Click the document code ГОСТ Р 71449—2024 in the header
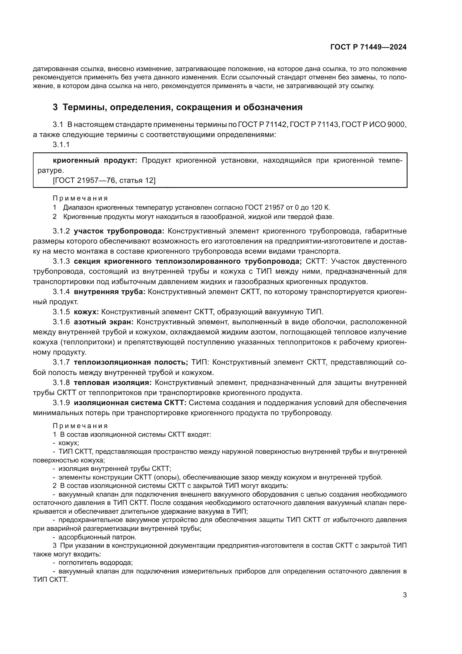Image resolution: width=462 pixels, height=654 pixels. click(368, 47)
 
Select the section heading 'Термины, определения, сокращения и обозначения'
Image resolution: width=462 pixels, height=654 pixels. click(182, 107)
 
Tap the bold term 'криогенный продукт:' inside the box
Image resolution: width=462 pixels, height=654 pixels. click(95, 161)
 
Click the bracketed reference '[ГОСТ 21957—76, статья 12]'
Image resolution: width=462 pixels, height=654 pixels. click(104, 181)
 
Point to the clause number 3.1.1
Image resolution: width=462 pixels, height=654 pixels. click(61, 145)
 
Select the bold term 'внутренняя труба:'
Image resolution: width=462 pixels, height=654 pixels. click(109, 292)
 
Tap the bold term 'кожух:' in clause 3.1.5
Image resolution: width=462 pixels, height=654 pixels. click(86, 312)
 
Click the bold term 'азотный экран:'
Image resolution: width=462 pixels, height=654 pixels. click(104, 322)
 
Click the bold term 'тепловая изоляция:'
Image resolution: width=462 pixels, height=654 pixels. click(113, 383)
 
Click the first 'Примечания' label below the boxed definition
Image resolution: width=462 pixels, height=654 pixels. click(80, 198)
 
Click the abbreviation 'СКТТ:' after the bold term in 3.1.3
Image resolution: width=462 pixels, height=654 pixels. click(316, 261)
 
